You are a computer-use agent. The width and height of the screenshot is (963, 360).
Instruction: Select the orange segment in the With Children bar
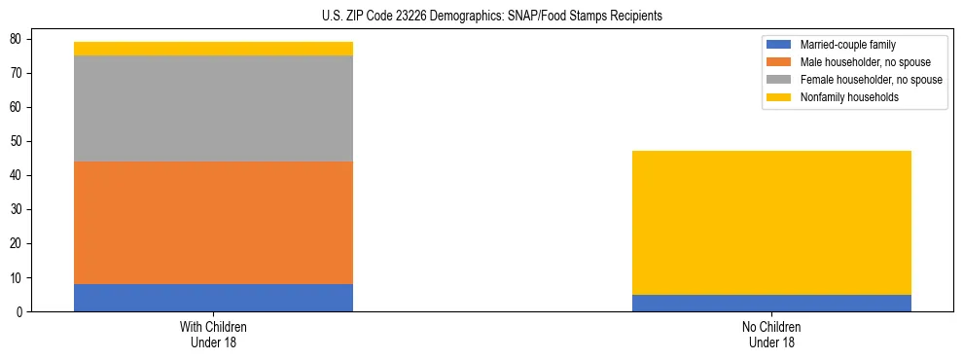213,223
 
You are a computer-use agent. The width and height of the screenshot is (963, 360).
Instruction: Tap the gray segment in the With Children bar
213,108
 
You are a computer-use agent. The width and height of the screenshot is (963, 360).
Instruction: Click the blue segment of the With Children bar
213,298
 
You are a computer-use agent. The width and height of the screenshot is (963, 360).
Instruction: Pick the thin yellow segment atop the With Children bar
213,49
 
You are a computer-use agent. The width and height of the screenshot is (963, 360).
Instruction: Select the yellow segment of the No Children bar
771,223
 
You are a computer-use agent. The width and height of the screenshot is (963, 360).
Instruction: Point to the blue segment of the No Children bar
771,303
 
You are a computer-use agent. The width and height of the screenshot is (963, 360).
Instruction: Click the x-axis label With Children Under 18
213,334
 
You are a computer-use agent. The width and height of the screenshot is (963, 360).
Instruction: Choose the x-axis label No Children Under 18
771,334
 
